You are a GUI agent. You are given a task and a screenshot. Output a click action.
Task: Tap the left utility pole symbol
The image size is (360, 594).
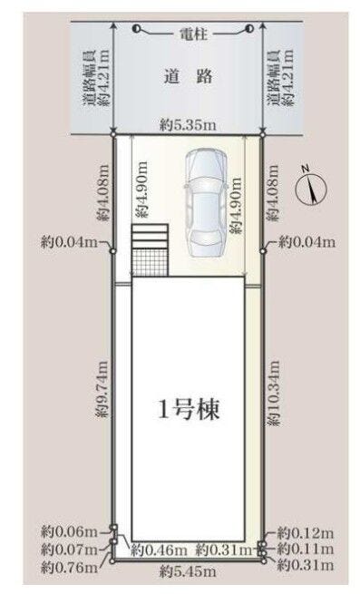pos(137,29)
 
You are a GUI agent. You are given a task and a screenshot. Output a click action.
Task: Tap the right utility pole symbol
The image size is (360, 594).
pos(249,29)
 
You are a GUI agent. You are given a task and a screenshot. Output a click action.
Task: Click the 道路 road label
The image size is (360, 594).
pos(189,77)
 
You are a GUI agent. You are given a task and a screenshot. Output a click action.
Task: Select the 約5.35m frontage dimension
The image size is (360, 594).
pos(188,125)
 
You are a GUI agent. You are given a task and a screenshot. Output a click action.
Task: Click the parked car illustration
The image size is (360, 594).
pos(205,201)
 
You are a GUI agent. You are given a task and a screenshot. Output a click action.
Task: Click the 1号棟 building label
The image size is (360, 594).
pos(189,409)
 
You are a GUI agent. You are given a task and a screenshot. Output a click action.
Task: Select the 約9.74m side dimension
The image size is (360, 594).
pos(102,390)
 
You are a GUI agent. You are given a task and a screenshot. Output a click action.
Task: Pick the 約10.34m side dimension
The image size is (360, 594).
pos(273,392)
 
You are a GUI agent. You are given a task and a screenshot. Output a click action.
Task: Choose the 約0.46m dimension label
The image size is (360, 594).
pos(159,550)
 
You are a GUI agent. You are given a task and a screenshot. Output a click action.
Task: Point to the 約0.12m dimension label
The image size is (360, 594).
pos(306,533)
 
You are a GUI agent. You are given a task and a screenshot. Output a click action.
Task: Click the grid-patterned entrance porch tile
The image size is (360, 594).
pos(150,262)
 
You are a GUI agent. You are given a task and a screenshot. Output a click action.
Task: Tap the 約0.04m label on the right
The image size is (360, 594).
pos(306,242)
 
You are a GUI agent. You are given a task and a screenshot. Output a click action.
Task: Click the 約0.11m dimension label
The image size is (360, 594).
pos(306,549)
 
